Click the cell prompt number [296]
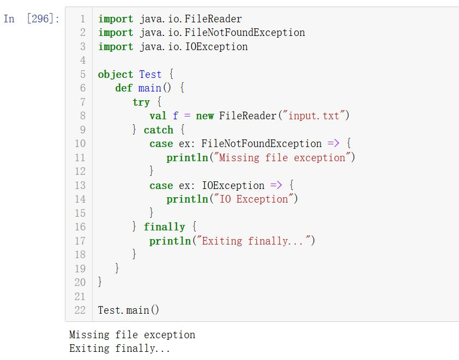pyautogui.click(x=41, y=19)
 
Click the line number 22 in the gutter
pyautogui.click(x=80, y=310)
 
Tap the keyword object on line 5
pyautogui.click(x=115, y=75)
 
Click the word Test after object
pyautogui.click(x=150, y=75)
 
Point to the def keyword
pyautogui.click(x=124, y=88)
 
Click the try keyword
pyautogui.click(x=141, y=102)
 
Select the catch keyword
pyautogui.click(x=158, y=130)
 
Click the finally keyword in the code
pyautogui.click(x=164, y=227)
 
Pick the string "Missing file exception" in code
pyautogui.click(x=282, y=158)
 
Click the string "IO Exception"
pyautogui.click(x=253, y=199)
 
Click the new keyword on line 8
pyautogui.click(x=204, y=115)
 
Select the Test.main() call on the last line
pyautogui.click(x=129, y=310)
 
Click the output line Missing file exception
pyautogui.click(x=132, y=335)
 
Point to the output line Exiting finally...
pyautogui.click(x=120, y=349)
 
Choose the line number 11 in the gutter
pyautogui.click(x=80, y=158)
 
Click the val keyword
pyautogui.click(x=158, y=115)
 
